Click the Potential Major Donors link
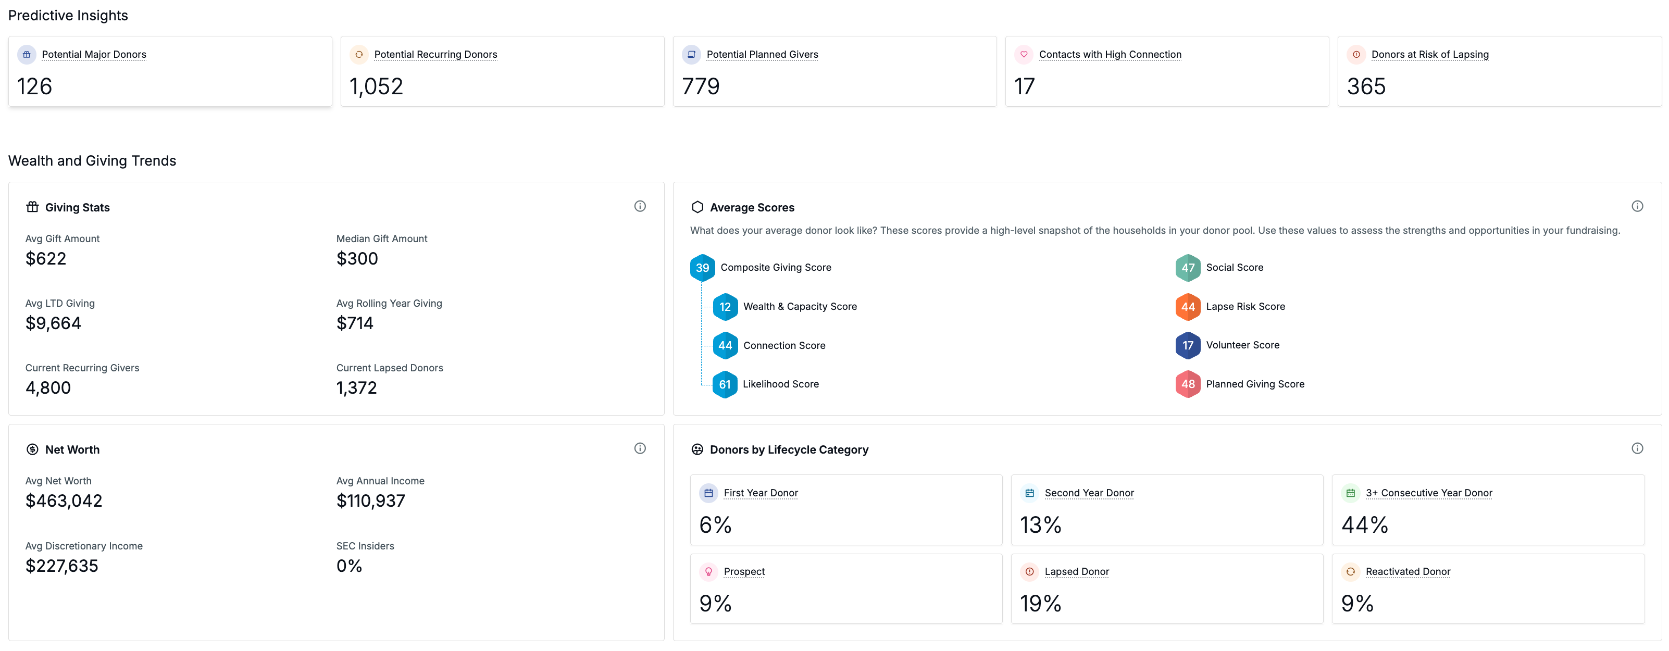click(x=94, y=54)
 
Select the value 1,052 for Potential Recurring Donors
click(x=376, y=86)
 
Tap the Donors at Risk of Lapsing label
click(x=1430, y=54)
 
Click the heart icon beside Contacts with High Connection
click(x=1024, y=54)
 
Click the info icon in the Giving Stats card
click(x=640, y=206)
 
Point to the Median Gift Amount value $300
click(x=357, y=258)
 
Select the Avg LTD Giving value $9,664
click(x=53, y=323)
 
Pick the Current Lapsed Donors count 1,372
click(x=356, y=387)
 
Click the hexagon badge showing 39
click(x=702, y=268)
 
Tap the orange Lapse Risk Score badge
click(x=1188, y=306)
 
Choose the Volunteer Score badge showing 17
click(x=1188, y=345)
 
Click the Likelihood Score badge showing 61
click(x=725, y=384)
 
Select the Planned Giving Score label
click(x=1255, y=384)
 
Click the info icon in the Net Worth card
click(x=640, y=448)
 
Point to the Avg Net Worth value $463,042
click(x=64, y=500)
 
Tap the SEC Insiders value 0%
click(x=349, y=566)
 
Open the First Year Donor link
click(x=761, y=493)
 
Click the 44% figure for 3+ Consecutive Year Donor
click(x=1364, y=524)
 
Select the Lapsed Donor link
click(x=1077, y=571)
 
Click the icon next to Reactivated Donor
click(x=1350, y=571)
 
